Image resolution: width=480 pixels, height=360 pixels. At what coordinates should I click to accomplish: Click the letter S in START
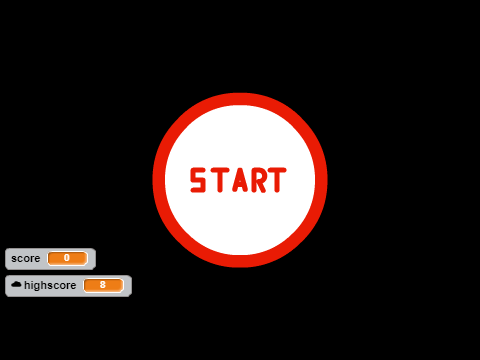(x=198, y=180)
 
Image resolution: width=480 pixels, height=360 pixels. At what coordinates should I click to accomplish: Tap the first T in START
(x=220, y=180)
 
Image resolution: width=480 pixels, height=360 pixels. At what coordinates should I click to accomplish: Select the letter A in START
(x=240, y=180)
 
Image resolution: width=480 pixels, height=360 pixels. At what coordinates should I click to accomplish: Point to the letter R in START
(x=259, y=180)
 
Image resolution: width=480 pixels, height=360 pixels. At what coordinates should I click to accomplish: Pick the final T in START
(x=277, y=180)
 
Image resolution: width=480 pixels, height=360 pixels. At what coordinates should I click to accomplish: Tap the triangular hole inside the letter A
(x=240, y=182)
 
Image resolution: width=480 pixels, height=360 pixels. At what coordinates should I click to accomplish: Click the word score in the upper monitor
(x=26, y=258)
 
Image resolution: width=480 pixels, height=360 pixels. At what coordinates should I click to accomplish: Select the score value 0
(x=67, y=258)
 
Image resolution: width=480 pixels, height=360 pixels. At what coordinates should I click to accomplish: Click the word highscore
(x=50, y=285)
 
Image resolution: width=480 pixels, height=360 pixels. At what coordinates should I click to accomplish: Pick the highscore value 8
(x=103, y=285)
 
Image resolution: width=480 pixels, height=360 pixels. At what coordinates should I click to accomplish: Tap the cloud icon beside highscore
(x=16, y=284)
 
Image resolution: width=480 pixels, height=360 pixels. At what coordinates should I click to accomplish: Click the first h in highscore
(x=27, y=285)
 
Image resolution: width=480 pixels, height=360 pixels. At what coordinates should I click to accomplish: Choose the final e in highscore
(x=73, y=286)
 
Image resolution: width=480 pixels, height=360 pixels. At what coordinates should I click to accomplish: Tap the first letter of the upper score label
(x=14, y=259)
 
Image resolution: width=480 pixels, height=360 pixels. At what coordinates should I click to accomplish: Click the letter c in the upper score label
(x=19, y=259)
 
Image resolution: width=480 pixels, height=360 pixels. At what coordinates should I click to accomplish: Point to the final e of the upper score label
(x=37, y=259)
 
